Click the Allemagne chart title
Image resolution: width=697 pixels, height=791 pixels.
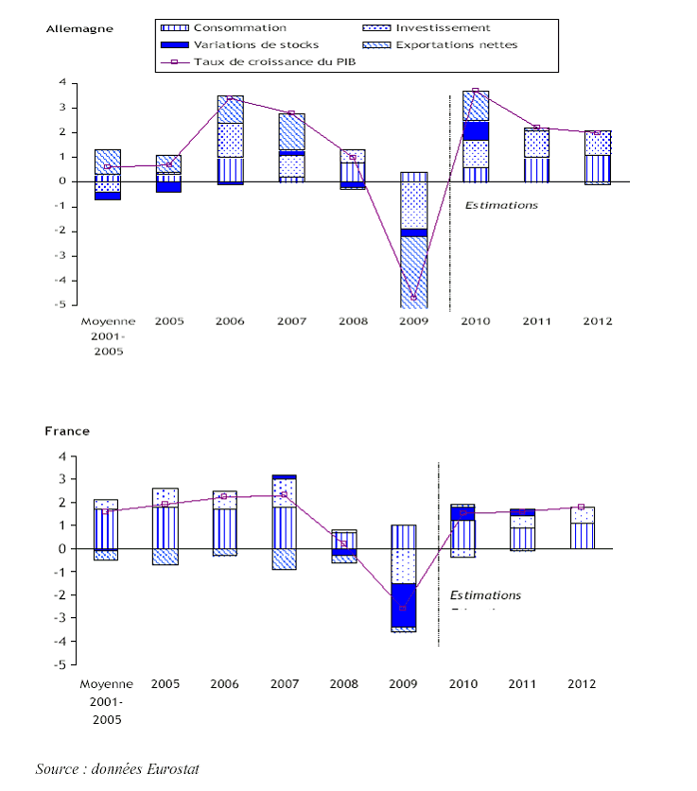click(79, 28)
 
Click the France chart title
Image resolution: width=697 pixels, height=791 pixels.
click(67, 431)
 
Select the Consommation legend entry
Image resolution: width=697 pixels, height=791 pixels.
click(239, 28)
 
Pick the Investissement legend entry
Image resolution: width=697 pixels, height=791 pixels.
click(443, 28)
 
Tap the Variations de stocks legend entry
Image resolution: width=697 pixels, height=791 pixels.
click(255, 44)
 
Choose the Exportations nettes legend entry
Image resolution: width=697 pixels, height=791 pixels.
click(456, 44)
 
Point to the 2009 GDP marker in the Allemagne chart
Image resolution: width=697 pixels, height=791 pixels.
click(413, 297)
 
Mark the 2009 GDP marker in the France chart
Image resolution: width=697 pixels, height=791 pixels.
click(403, 609)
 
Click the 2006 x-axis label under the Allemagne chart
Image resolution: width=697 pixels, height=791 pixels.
click(230, 321)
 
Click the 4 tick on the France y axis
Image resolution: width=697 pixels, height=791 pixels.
click(62, 456)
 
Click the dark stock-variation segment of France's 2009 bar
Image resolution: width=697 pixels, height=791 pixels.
click(403, 605)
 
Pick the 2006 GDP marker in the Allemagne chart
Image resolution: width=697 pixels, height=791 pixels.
click(230, 97)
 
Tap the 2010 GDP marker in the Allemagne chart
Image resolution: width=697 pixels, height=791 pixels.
click(475, 92)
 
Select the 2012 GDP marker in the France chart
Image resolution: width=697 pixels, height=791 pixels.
click(581, 507)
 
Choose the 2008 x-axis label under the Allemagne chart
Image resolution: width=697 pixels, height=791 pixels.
click(353, 321)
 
